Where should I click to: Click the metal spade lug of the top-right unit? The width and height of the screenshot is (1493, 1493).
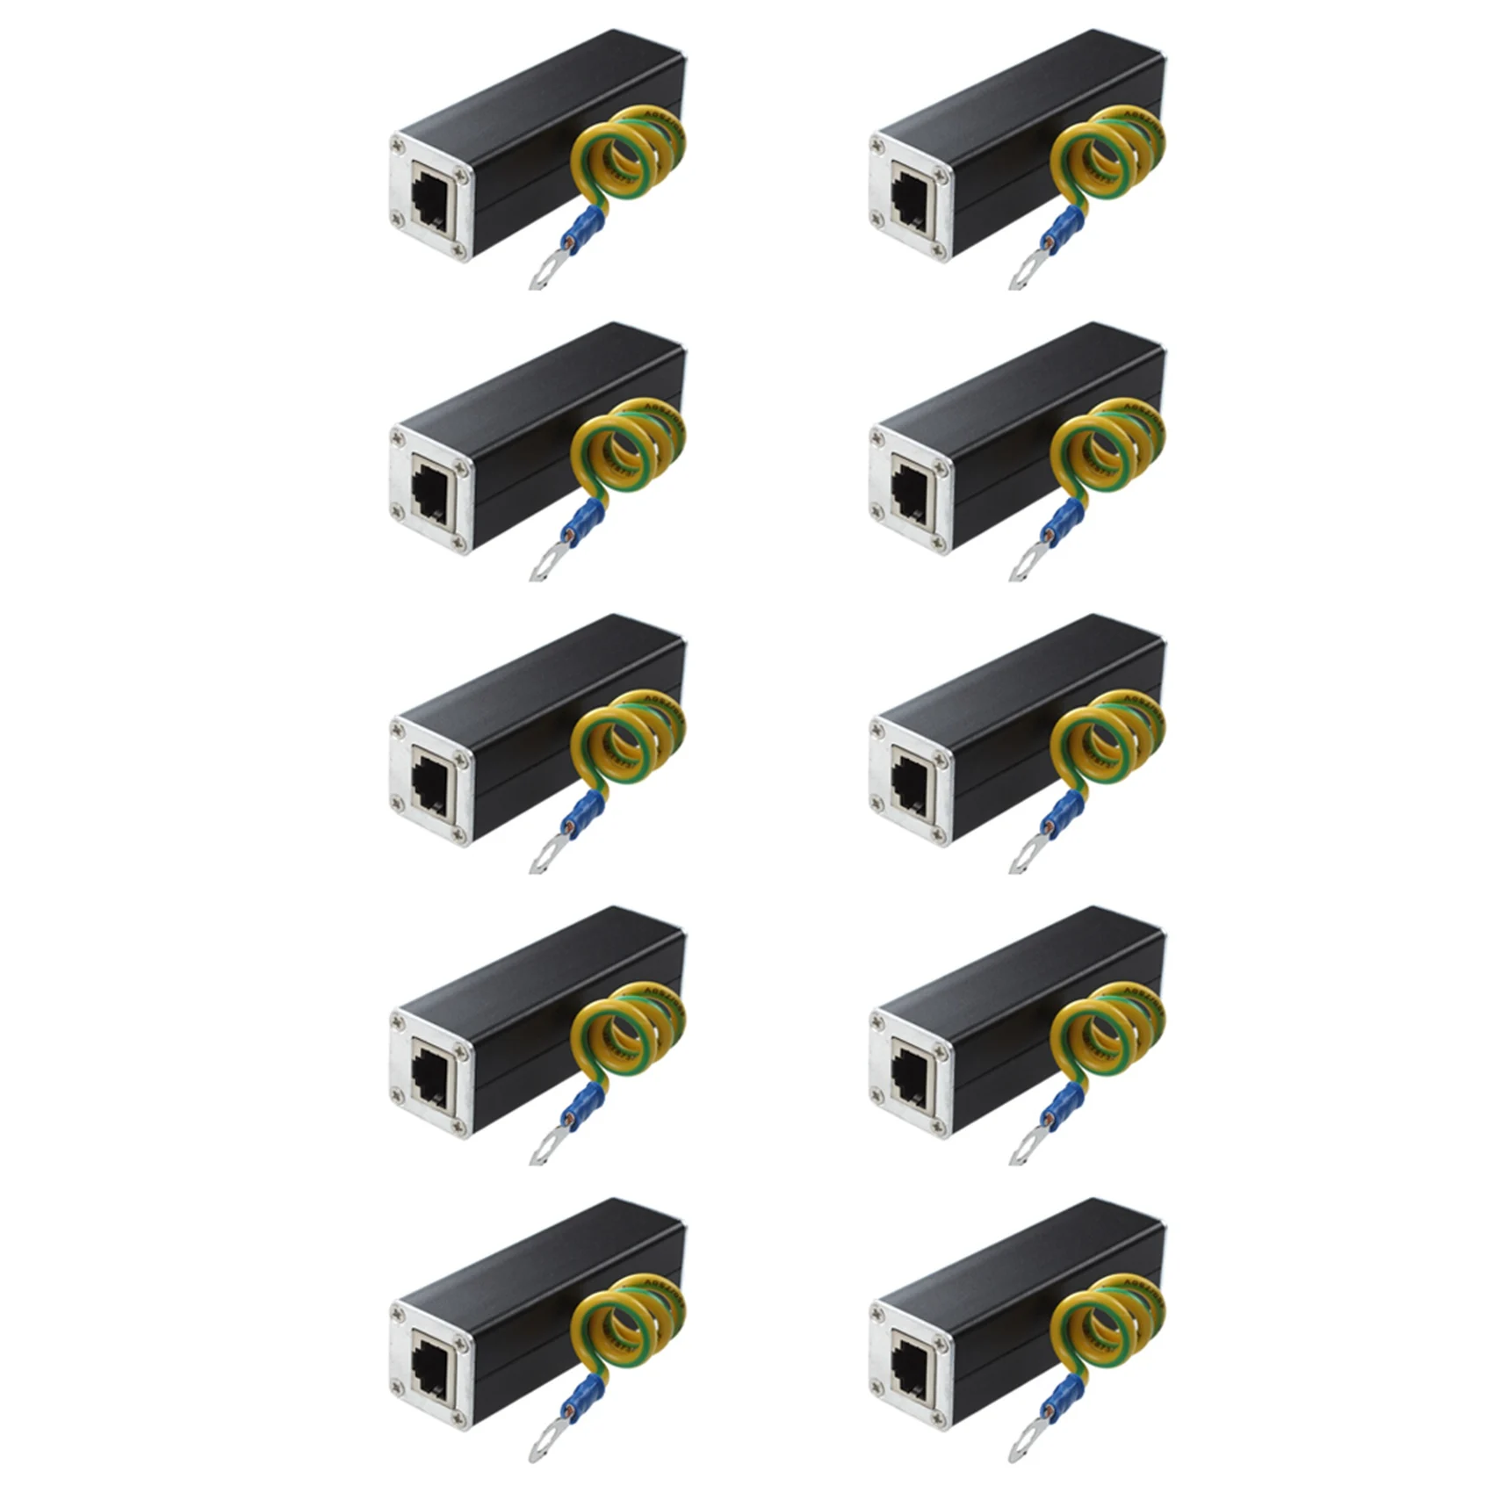pyautogui.click(x=1024, y=272)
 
